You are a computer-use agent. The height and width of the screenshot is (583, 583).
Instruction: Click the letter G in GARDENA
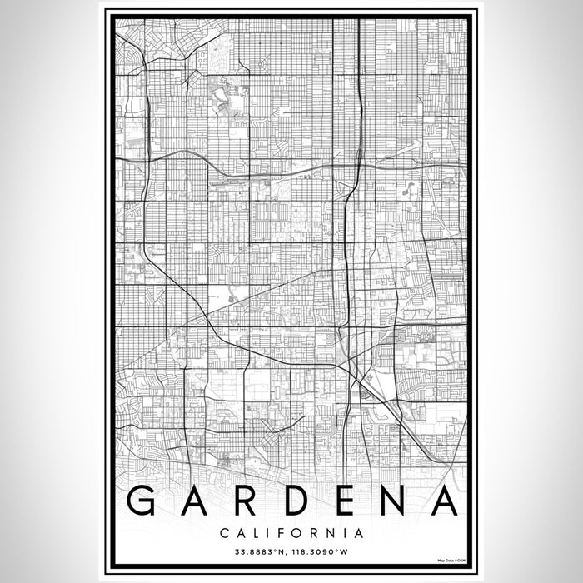(147, 501)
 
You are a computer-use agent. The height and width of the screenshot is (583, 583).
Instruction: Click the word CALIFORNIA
(291, 531)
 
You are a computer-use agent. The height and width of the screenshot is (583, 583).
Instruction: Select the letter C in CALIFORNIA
(225, 531)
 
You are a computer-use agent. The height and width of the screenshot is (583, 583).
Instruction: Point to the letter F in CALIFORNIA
(282, 531)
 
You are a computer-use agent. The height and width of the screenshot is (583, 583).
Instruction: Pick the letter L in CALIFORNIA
(257, 531)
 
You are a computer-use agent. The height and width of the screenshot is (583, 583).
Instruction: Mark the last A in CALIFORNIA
(358, 531)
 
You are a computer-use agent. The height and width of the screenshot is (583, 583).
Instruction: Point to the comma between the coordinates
(286, 553)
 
